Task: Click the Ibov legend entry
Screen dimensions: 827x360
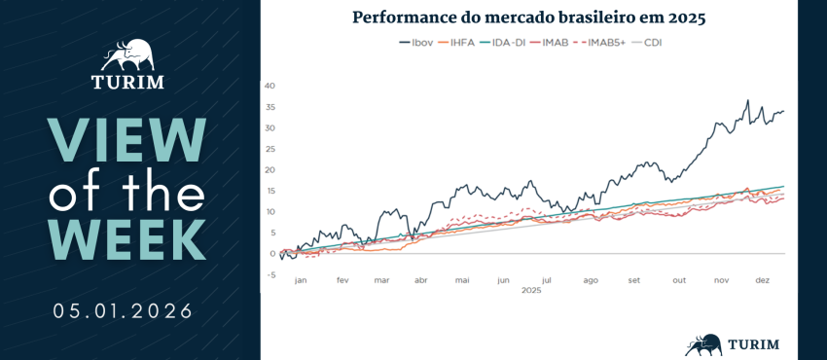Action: coord(416,42)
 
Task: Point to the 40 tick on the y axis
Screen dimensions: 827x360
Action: coord(272,86)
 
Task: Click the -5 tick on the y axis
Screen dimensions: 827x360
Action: coord(272,274)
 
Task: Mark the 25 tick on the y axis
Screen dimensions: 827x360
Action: coord(272,149)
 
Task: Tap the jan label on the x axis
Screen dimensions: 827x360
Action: coord(301,281)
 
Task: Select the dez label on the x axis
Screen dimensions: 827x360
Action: coord(763,281)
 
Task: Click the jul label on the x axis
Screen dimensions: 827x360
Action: coord(548,281)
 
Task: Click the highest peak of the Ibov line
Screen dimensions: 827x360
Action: coord(747,100)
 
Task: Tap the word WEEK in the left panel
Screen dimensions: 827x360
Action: coord(127,239)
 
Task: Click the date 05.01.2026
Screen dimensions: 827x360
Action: coord(123,311)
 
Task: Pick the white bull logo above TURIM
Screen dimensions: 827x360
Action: coord(128,55)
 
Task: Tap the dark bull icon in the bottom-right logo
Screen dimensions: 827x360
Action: coord(704,344)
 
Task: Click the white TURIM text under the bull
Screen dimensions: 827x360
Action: coord(127,83)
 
